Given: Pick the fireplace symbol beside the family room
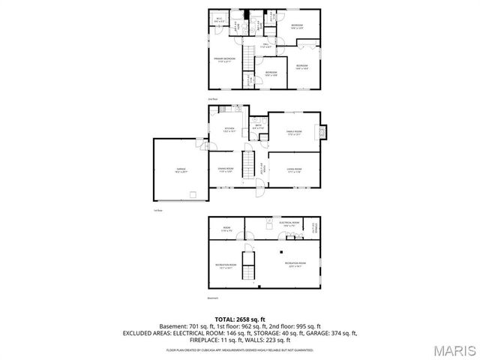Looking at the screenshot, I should [x=323, y=132].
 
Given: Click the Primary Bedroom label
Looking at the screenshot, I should [x=223, y=59].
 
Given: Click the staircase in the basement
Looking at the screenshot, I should [x=253, y=266].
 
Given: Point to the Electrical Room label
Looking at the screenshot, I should [x=289, y=223].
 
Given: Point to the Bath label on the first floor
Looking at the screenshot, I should [x=258, y=127].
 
